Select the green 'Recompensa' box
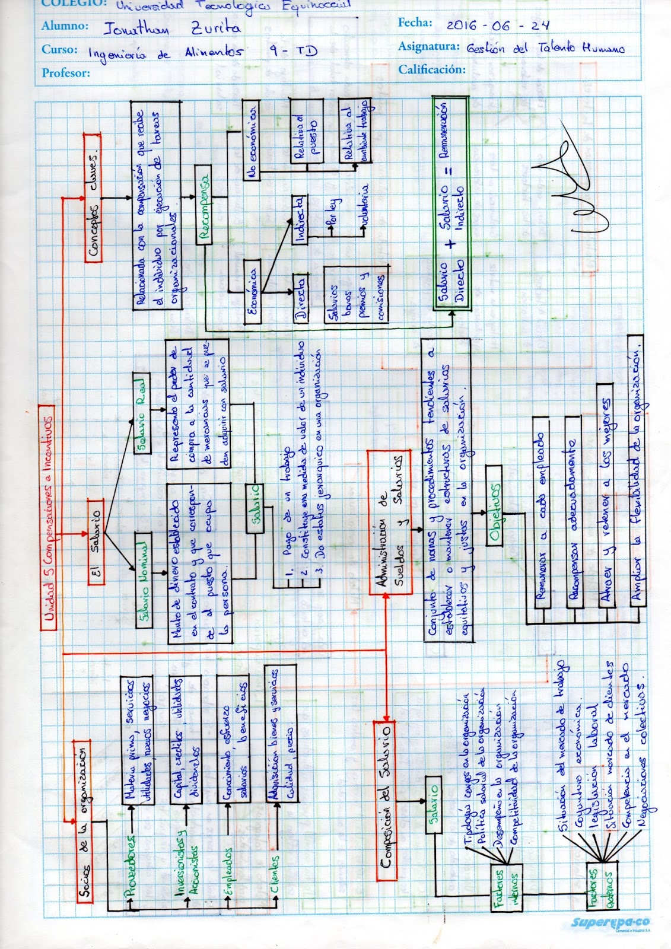point(204,208)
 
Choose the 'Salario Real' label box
point(142,421)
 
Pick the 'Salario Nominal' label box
point(142,579)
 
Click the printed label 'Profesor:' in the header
point(66,73)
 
